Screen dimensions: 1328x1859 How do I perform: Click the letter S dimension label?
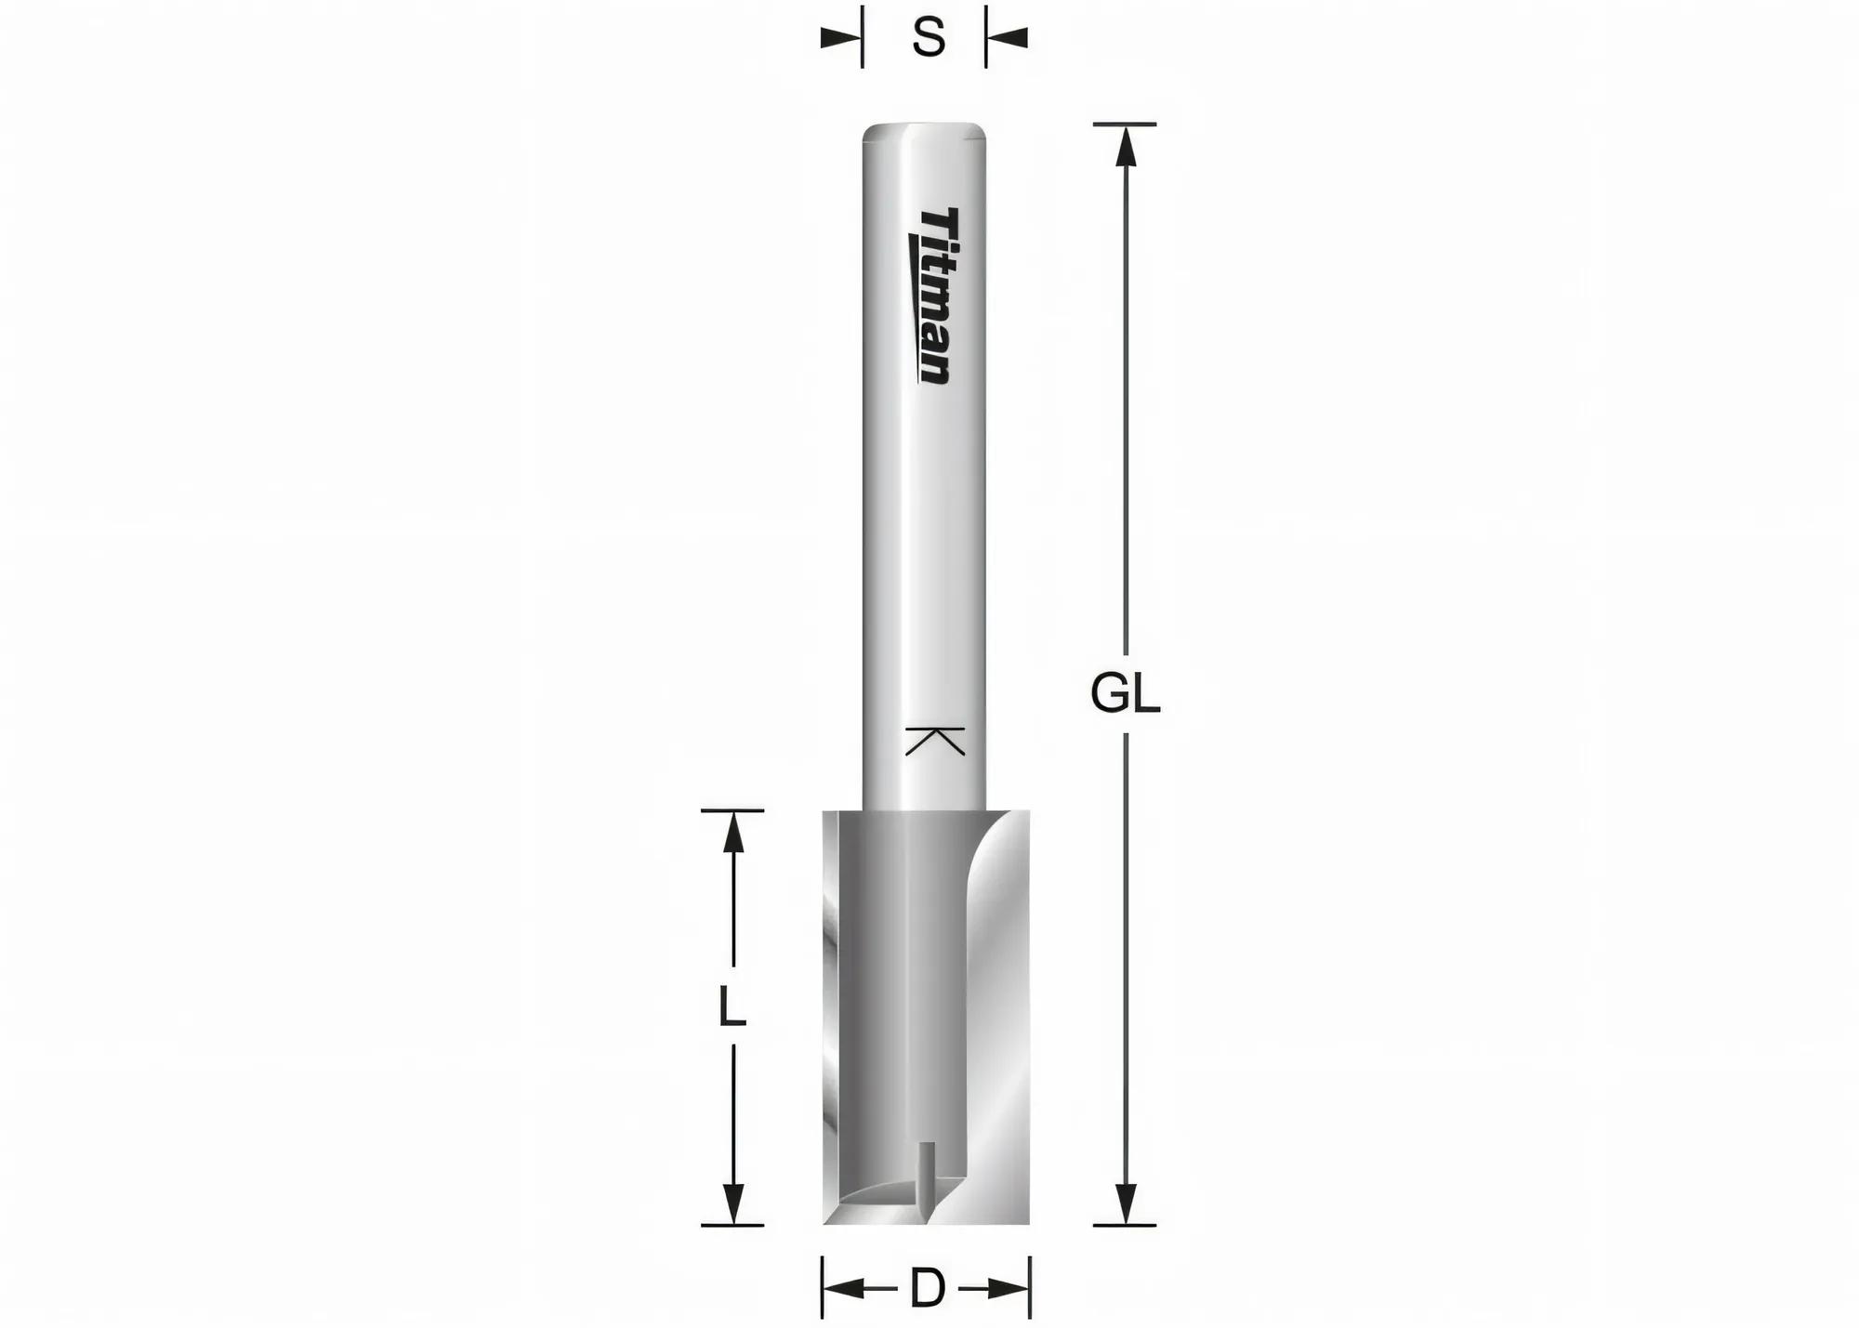pos(928,39)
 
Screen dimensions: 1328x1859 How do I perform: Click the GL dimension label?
pos(1125,694)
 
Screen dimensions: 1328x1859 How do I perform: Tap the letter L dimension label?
pos(732,1008)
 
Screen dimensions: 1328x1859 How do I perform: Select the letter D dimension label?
pos(927,1289)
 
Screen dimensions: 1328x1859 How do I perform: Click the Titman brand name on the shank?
pos(931,296)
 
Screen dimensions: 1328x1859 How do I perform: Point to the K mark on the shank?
pos(935,740)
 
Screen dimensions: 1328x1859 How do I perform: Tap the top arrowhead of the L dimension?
pos(733,831)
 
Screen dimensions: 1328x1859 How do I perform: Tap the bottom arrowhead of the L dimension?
pos(733,1205)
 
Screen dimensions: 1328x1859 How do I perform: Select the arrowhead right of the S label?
pos(1008,38)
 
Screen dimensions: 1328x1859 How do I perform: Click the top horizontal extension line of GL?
pos(1126,124)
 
